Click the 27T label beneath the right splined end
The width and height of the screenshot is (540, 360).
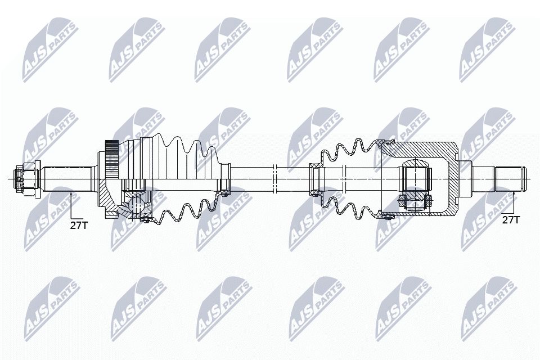click(x=510, y=219)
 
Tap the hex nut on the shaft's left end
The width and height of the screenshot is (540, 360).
click(x=24, y=179)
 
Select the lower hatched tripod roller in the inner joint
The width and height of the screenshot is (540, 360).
click(x=415, y=200)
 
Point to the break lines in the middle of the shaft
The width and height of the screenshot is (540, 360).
click(x=274, y=179)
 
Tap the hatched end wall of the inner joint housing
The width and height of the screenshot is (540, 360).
click(x=453, y=179)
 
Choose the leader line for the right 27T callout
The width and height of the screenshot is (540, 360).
click(x=514, y=202)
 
